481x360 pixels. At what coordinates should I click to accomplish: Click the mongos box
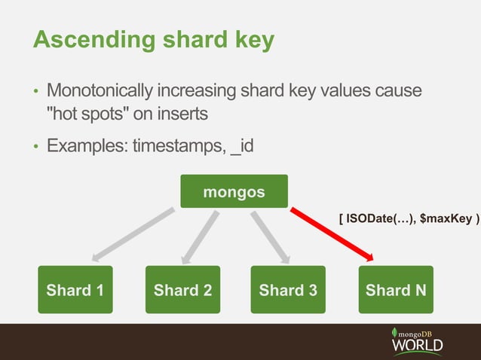tap(234, 191)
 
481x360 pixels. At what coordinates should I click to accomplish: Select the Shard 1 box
tap(75, 289)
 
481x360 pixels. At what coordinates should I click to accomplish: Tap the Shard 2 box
tap(182, 289)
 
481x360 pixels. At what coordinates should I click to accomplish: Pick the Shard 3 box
tap(288, 289)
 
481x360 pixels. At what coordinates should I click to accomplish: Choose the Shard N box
tap(396, 289)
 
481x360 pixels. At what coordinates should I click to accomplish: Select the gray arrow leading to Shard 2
tap(200, 236)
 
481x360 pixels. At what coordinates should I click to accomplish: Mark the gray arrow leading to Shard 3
tap(269, 236)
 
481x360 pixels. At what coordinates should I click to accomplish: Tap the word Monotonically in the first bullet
tap(100, 92)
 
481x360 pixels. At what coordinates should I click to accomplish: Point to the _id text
tap(243, 144)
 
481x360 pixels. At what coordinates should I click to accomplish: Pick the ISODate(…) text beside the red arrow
tap(379, 218)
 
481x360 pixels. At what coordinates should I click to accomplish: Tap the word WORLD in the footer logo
tap(417, 346)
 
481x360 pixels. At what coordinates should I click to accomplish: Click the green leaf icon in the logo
tap(394, 332)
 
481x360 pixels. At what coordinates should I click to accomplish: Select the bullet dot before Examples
tap(35, 145)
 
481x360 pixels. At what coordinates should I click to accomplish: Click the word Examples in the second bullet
tap(86, 144)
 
